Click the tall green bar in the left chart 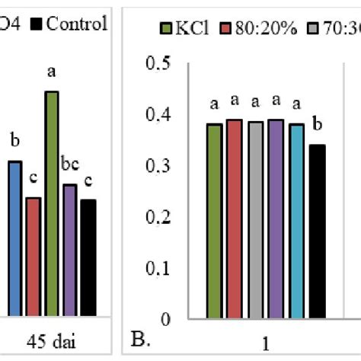(x=52, y=203)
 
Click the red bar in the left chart (x=34, y=256)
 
